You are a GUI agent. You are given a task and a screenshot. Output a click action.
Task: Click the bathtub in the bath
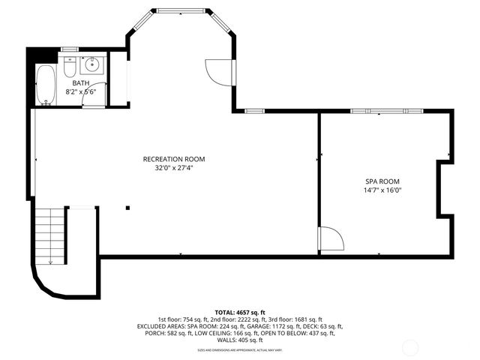pos(46,83)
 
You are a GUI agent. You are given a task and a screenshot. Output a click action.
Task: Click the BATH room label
pos(80,83)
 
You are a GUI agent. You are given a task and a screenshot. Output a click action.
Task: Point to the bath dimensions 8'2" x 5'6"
pos(80,91)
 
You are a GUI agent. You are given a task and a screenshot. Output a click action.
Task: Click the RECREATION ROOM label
pos(174,159)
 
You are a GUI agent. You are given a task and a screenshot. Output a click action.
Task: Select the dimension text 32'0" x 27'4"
pos(174,168)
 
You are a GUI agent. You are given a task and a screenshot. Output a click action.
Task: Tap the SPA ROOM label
pos(382,181)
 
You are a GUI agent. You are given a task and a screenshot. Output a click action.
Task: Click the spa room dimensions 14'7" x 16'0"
pos(382,190)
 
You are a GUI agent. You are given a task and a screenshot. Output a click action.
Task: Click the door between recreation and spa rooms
pos(331,238)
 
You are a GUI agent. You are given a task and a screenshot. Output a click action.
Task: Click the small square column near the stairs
pos(128,208)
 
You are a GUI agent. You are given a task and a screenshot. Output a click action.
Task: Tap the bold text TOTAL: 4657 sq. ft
pos(240,312)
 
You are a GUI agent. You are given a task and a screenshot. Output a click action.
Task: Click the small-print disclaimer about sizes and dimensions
pos(240,349)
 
